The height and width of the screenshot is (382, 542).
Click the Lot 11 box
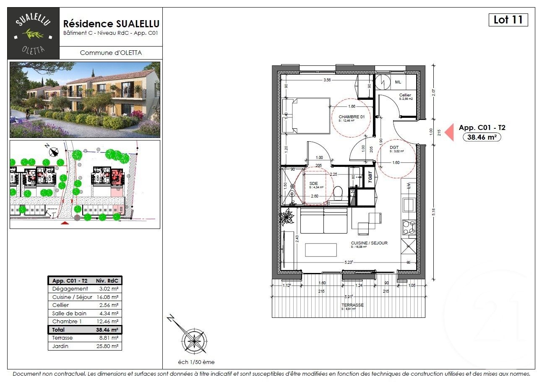(508, 20)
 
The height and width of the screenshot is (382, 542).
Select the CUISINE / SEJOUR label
(369, 243)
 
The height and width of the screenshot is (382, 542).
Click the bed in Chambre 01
(306, 116)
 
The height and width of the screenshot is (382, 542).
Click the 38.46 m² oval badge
(482, 137)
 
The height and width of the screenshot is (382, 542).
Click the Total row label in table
(59, 330)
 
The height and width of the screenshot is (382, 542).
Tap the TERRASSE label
(352, 305)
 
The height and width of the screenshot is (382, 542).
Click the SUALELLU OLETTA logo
(34, 33)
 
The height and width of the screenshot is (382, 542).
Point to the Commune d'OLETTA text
(111, 53)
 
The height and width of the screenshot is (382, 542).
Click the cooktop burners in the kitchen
(408, 227)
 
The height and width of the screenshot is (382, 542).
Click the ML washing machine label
(398, 82)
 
